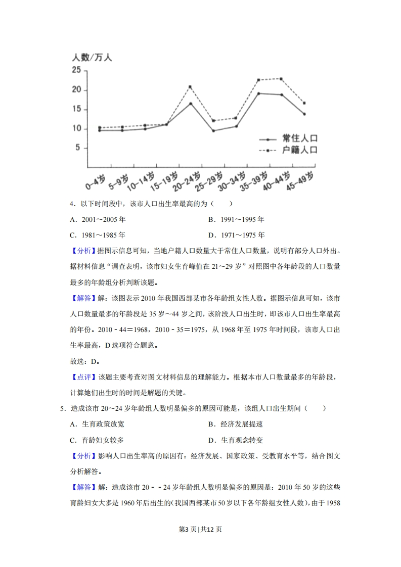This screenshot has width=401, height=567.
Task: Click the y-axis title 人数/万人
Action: point(92,58)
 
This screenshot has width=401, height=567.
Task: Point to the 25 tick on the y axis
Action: point(76,70)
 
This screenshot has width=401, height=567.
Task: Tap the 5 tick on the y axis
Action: point(78,148)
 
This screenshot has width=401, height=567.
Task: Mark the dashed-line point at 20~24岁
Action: point(190,87)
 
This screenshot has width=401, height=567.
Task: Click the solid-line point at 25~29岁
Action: point(213,131)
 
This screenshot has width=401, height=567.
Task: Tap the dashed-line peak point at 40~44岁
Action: point(281,79)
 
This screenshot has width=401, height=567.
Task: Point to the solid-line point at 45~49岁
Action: point(304,114)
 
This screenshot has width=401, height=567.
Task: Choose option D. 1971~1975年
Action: point(236,235)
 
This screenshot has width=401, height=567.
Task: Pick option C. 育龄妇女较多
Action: point(97,440)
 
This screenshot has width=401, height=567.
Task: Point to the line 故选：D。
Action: point(84,362)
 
